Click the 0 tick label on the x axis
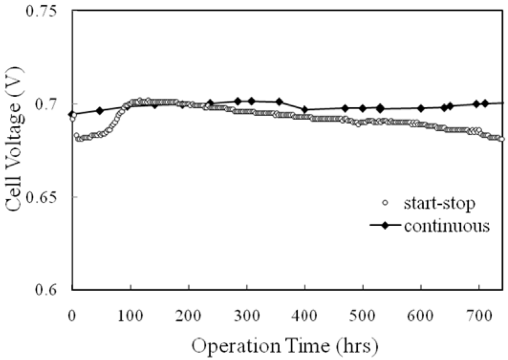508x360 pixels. click(x=72, y=304)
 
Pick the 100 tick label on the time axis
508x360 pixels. click(x=130, y=304)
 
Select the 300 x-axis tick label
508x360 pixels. click(x=247, y=304)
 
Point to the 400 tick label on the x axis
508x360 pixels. click(x=305, y=304)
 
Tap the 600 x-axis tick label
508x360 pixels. click(x=421, y=304)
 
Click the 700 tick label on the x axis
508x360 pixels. click(x=479, y=304)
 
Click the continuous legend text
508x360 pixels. click(x=446, y=226)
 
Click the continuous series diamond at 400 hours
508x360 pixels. click(x=305, y=110)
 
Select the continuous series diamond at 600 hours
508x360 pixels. click(x=421, y=109)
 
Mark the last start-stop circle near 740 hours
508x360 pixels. click(x=502, y=139)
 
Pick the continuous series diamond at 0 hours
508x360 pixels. click(x=72, y=114)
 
